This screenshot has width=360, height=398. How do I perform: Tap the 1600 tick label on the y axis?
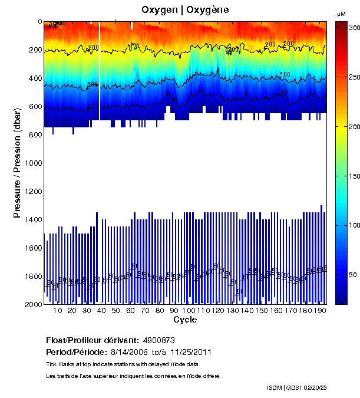[x=32, y=248]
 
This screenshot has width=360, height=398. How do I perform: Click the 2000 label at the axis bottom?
[x=32, y=304]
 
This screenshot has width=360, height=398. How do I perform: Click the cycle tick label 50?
[x=115, y=311]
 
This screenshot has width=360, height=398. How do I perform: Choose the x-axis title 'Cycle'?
[x=185, y=320]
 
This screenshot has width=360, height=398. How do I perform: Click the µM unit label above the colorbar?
[x=341, y=14]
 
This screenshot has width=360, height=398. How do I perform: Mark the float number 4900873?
[x=159, y=340]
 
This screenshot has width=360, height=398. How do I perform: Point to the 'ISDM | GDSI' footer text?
[x=283, y=387]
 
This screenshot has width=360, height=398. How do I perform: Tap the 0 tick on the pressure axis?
[x=39, y=22]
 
